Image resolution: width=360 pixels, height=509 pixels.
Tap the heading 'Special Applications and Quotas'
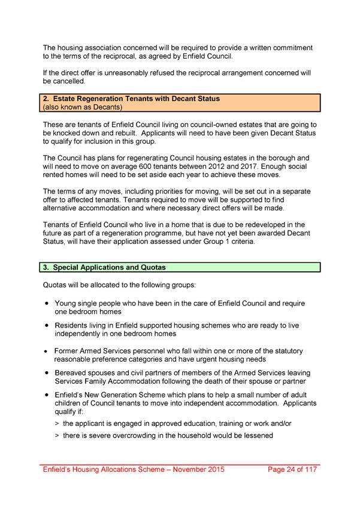click(104, 267)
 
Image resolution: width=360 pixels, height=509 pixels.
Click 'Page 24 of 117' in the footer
click(292, 470)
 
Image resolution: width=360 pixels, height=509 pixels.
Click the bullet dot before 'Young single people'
click(46, 304)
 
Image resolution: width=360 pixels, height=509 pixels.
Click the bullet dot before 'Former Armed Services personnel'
click(46, 351)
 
